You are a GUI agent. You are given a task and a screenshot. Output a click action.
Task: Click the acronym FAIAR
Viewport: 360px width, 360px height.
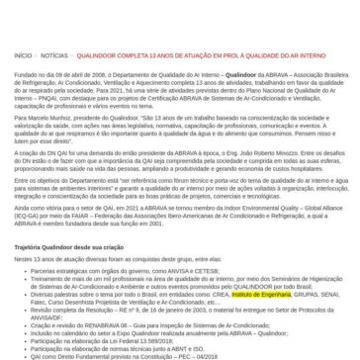pos(98,214)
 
